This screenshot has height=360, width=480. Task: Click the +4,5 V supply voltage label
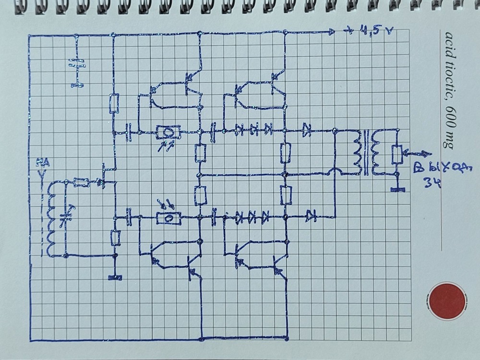click(x=370, y=32)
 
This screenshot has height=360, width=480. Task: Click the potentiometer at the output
click(x=397, y=154)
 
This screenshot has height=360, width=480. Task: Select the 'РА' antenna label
click(x=42, y=166)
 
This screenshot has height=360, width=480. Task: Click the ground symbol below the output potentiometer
click(x=397, y=190)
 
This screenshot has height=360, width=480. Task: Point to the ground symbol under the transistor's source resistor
click(x=115, y=277)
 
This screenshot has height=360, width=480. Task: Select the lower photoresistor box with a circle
click(x=168, y=218)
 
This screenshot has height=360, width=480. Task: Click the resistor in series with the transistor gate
click(x=82, y=182)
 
